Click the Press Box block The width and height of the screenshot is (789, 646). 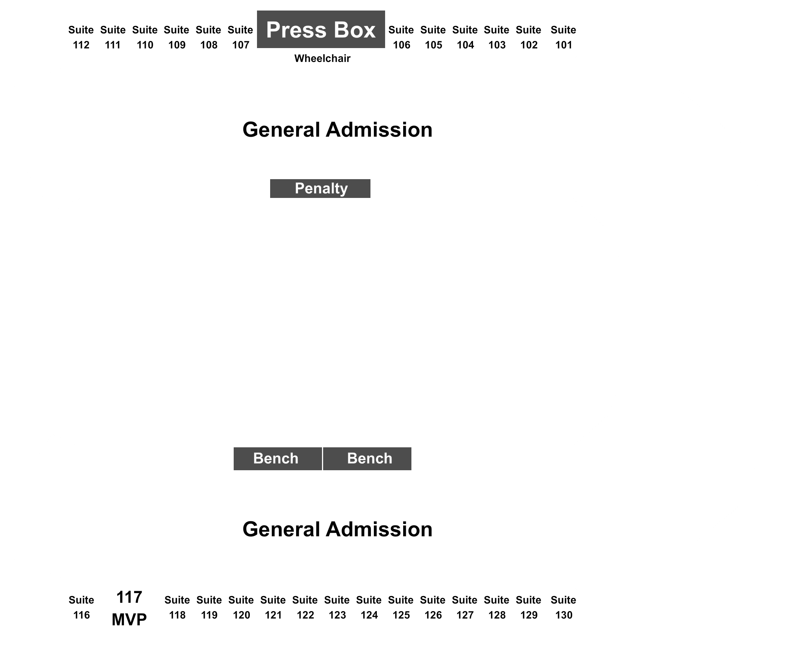(321, 29)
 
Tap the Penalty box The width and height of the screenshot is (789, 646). (320, 189)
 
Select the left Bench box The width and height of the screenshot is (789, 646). (278, 459)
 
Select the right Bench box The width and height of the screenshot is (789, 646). (367, 459)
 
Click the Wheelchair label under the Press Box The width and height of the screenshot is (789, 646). (322, 59)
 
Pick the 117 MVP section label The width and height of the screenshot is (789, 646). (129, 608)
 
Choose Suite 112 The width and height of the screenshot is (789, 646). (81, 38)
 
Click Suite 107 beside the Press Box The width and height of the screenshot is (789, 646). (240, 38)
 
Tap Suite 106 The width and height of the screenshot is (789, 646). (401, 38)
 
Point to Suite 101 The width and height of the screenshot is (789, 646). (564, 38)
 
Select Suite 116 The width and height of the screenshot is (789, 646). (82, 608)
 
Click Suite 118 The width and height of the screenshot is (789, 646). (177, 608)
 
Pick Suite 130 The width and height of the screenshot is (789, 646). (564, 608)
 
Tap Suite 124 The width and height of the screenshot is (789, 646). (369, 608)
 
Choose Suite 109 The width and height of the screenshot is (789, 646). (177, 38)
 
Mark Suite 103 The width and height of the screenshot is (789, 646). (497, 38)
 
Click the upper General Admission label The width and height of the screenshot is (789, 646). (337, 130)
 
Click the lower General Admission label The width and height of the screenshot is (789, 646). (337, 530)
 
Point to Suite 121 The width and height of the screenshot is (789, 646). (273, 608)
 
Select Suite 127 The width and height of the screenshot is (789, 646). (465, 608)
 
